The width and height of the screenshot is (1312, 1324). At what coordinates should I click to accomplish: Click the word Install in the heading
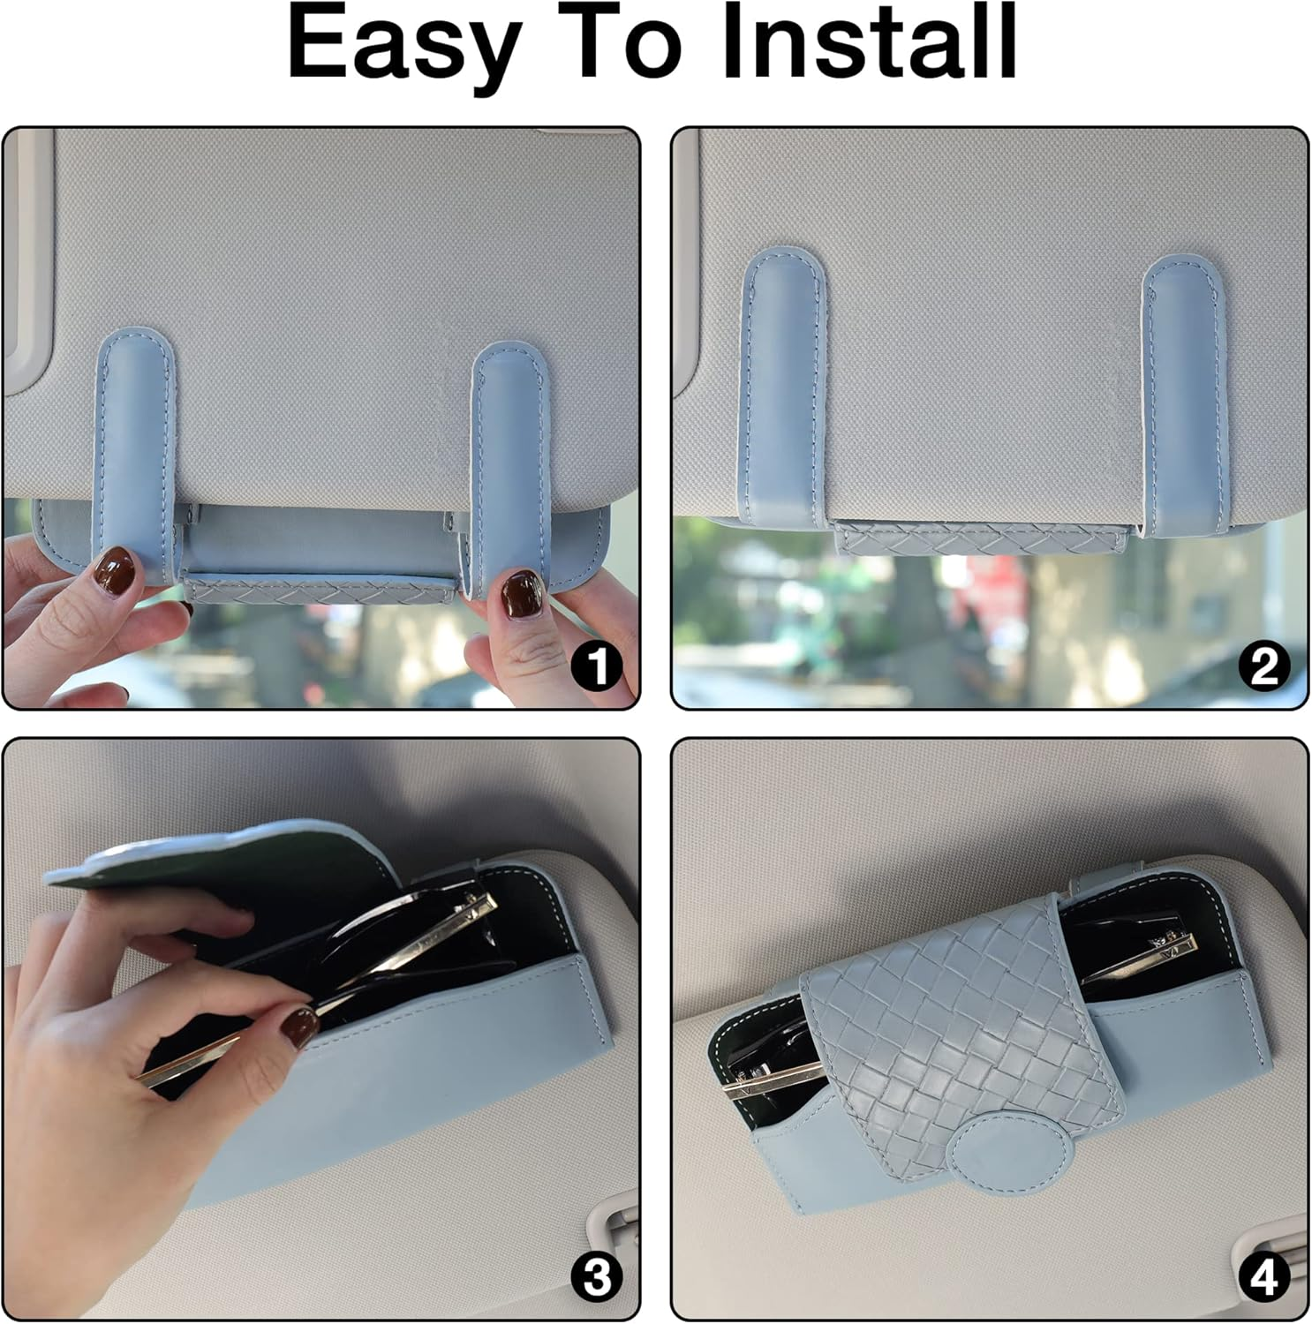[869, 41]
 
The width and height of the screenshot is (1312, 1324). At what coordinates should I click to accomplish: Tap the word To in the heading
[615, 42]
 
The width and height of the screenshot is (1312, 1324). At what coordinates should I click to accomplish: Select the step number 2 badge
[1264, 666]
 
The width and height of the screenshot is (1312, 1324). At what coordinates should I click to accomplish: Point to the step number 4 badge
[1264, 1276]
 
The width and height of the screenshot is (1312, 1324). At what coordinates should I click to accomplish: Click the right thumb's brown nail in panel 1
[521, 591]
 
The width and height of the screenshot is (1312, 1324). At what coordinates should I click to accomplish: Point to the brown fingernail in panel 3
[301, 1026]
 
